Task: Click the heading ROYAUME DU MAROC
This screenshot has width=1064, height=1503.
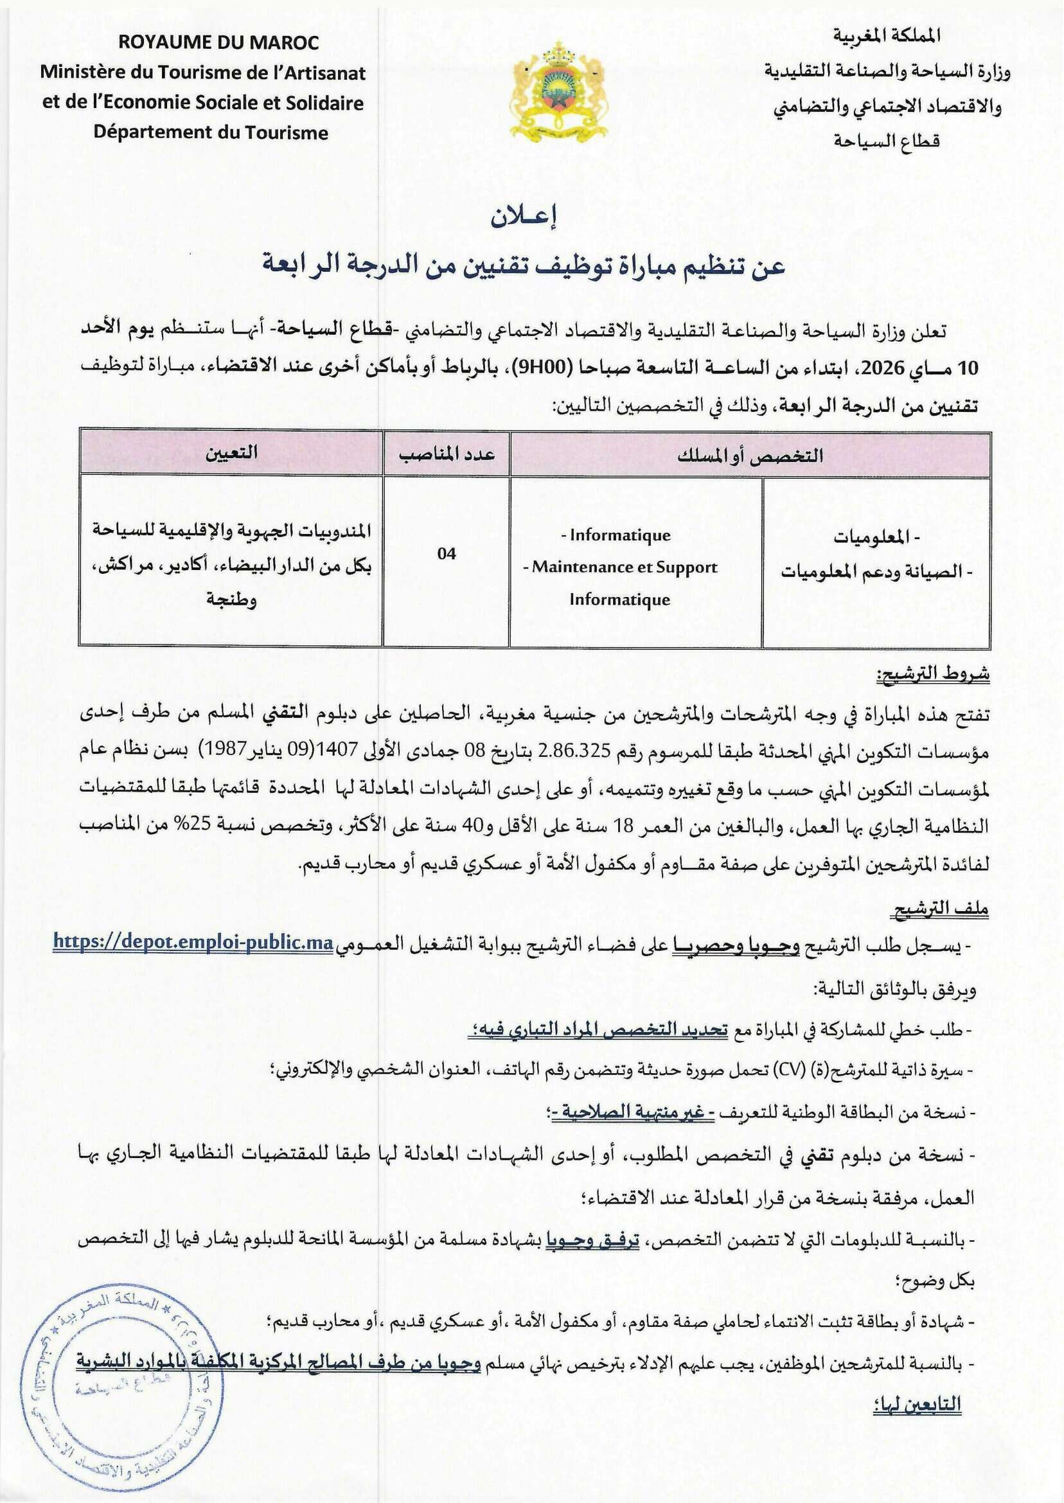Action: (219, 43)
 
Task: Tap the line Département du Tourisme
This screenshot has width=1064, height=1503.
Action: (210, 133)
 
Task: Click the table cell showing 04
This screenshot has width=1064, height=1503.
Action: (446, 554)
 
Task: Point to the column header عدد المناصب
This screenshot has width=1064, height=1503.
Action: (447, 454)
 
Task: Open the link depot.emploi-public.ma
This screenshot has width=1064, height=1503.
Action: (193, 942)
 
